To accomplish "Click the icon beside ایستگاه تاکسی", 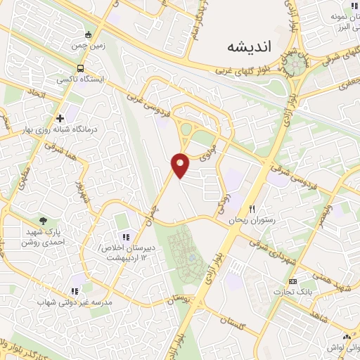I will click(81, 69).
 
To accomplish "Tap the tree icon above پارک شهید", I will click(43, 221).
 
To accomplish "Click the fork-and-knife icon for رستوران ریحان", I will click(252, 210).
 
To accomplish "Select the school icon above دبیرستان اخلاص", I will click(126, 237).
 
